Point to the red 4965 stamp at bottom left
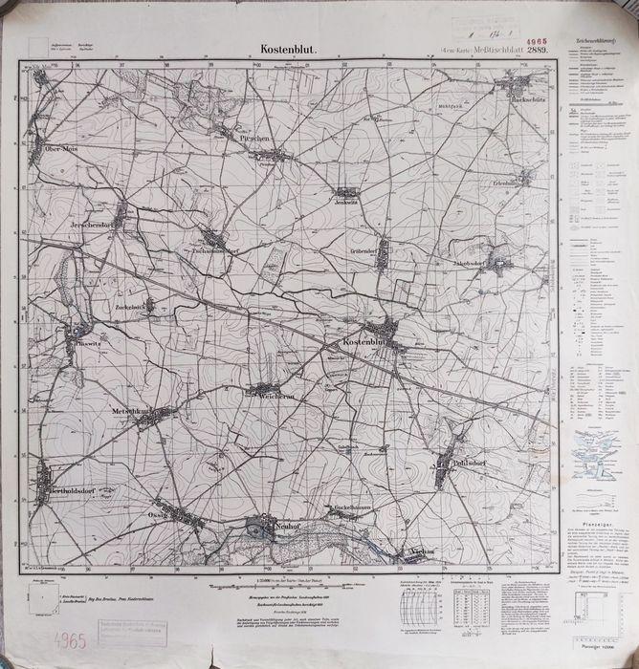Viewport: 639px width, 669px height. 42,638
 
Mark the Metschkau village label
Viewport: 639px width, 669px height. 134,410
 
